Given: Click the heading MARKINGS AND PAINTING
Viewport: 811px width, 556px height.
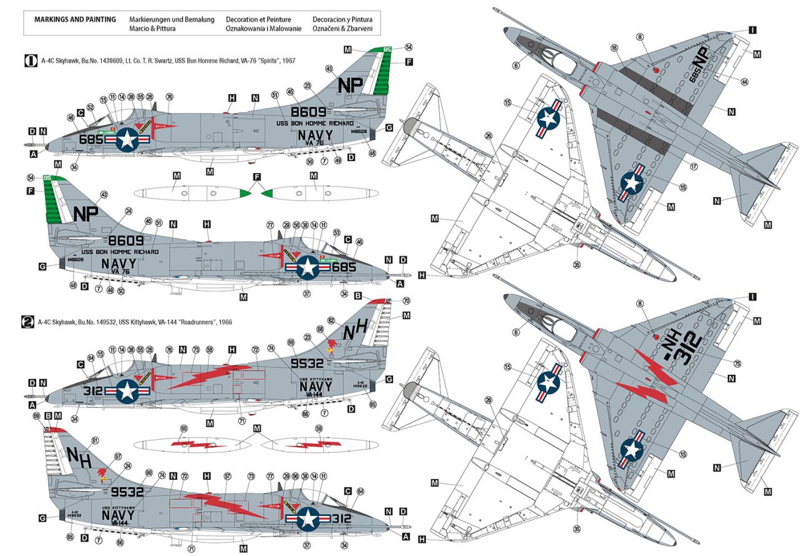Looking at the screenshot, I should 69,19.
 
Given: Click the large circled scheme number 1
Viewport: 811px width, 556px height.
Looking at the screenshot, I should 29,61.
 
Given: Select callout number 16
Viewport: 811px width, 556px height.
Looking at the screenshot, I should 614,48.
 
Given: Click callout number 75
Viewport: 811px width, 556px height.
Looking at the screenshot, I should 738,364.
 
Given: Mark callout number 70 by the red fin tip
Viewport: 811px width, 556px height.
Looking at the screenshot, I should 406,300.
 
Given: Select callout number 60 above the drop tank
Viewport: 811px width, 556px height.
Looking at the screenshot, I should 183,428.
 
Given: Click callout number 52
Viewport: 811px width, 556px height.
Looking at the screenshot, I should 90,107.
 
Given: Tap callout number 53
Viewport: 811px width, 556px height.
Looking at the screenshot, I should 337,232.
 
